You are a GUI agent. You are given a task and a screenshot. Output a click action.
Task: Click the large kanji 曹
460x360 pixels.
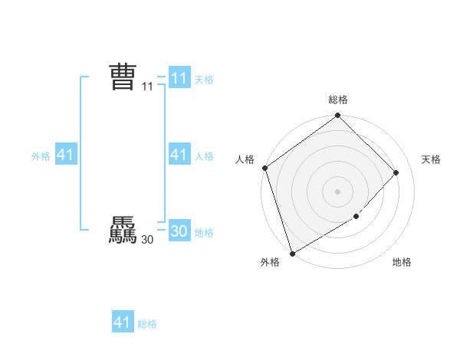(123, 77)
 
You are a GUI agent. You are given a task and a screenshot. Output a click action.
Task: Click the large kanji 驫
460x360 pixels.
(123, 231)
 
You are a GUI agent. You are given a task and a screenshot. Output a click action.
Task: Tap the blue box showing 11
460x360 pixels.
(179, 77)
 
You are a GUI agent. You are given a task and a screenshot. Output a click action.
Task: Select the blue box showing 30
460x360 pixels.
(179, 232)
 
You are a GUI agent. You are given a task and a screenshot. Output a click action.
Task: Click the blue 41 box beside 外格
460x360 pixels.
(65, 155)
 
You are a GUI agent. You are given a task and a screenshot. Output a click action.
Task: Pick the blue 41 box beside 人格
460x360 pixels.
(179, 155)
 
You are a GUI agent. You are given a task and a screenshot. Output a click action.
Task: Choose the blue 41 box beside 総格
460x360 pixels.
(123, 322)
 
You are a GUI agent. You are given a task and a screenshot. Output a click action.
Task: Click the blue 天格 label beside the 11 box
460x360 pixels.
(204, 79)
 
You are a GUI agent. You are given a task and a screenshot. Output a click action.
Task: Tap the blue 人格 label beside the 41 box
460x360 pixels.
(204, 156)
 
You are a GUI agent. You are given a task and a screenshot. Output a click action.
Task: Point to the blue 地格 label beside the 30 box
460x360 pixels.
(204, 233)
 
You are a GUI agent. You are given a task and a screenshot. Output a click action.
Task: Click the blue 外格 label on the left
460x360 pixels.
(41, 156)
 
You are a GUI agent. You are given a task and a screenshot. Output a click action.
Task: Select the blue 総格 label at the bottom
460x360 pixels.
(147, 324)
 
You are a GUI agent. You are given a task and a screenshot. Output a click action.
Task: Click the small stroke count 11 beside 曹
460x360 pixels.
(147, 87)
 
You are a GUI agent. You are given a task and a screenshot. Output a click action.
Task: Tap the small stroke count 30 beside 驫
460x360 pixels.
(147, 241)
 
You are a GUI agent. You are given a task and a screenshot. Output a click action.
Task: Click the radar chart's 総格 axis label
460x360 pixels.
(338, 100)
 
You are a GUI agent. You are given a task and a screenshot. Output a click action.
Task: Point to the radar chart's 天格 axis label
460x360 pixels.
(432, 159)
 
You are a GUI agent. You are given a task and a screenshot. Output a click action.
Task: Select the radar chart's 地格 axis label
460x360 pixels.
(402, 263)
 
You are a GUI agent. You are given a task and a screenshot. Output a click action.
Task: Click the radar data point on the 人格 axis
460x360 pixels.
(264, 168)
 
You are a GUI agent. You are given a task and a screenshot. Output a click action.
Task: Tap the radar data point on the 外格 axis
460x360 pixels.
(292, 253)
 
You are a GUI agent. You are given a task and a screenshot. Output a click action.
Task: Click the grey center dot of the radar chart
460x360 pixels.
(337, 191)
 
